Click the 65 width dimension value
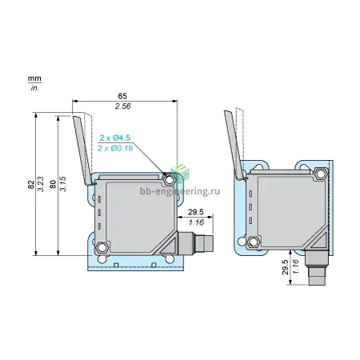[122, 96]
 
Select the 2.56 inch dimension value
[123, 106]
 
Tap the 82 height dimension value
[31, 185]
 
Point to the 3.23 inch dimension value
[41, 184]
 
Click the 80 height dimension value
[53, 184]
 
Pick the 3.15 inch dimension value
[62, 184]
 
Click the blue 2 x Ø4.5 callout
[115, 138]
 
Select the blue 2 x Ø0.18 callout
[115, 148]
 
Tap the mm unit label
[34, 78]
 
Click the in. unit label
[34, 88]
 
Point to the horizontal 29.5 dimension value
[196, 212]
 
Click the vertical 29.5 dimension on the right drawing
[286, 267]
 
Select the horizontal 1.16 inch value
[196, 222]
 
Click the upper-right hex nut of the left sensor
[169, 180]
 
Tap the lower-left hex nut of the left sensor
[102, 247]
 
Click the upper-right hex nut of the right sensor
[321, 174]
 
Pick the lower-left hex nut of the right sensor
[254, 242]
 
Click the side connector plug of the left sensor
[195, 243]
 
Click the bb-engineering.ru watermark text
[180, 191]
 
